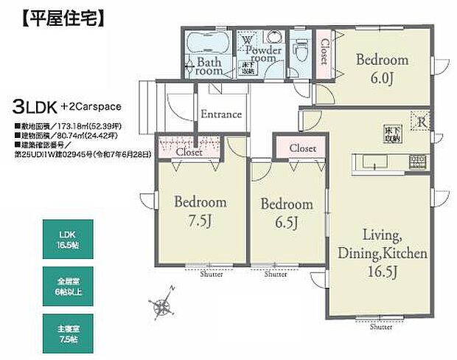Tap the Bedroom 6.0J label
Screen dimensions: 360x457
click(x=381, y=68)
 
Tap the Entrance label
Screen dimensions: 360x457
click(x=221, y=114)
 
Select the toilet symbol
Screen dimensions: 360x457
click(x=300, y=50)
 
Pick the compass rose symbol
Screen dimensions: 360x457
click(x=159, y=303)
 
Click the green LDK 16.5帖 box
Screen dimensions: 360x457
click(x=67, y=238)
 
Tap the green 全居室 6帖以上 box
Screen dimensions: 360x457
click(x=67, y=283)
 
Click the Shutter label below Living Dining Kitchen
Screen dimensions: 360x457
click(x=381, y=327)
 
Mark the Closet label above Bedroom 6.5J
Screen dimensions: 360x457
click(x=302, y=148)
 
